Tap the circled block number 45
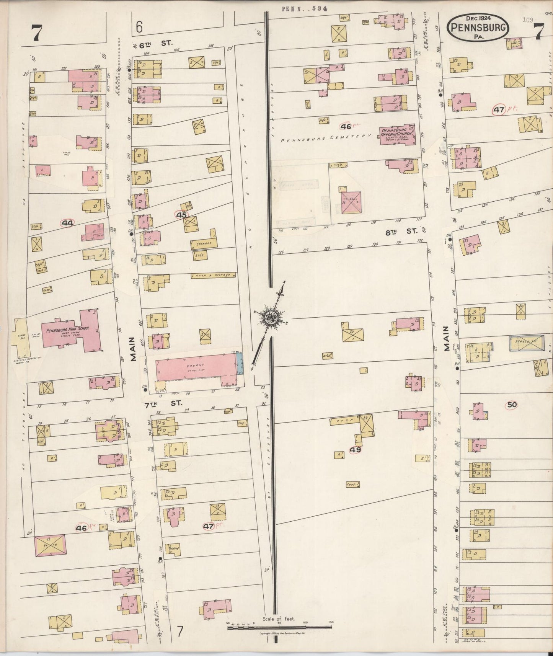click(x=181, y=215)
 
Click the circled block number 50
click(x=512, y=405)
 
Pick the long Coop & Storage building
click(x=213, y=275)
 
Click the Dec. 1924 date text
click(x=479, y=18)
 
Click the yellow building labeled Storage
click(x=203, y=243)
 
